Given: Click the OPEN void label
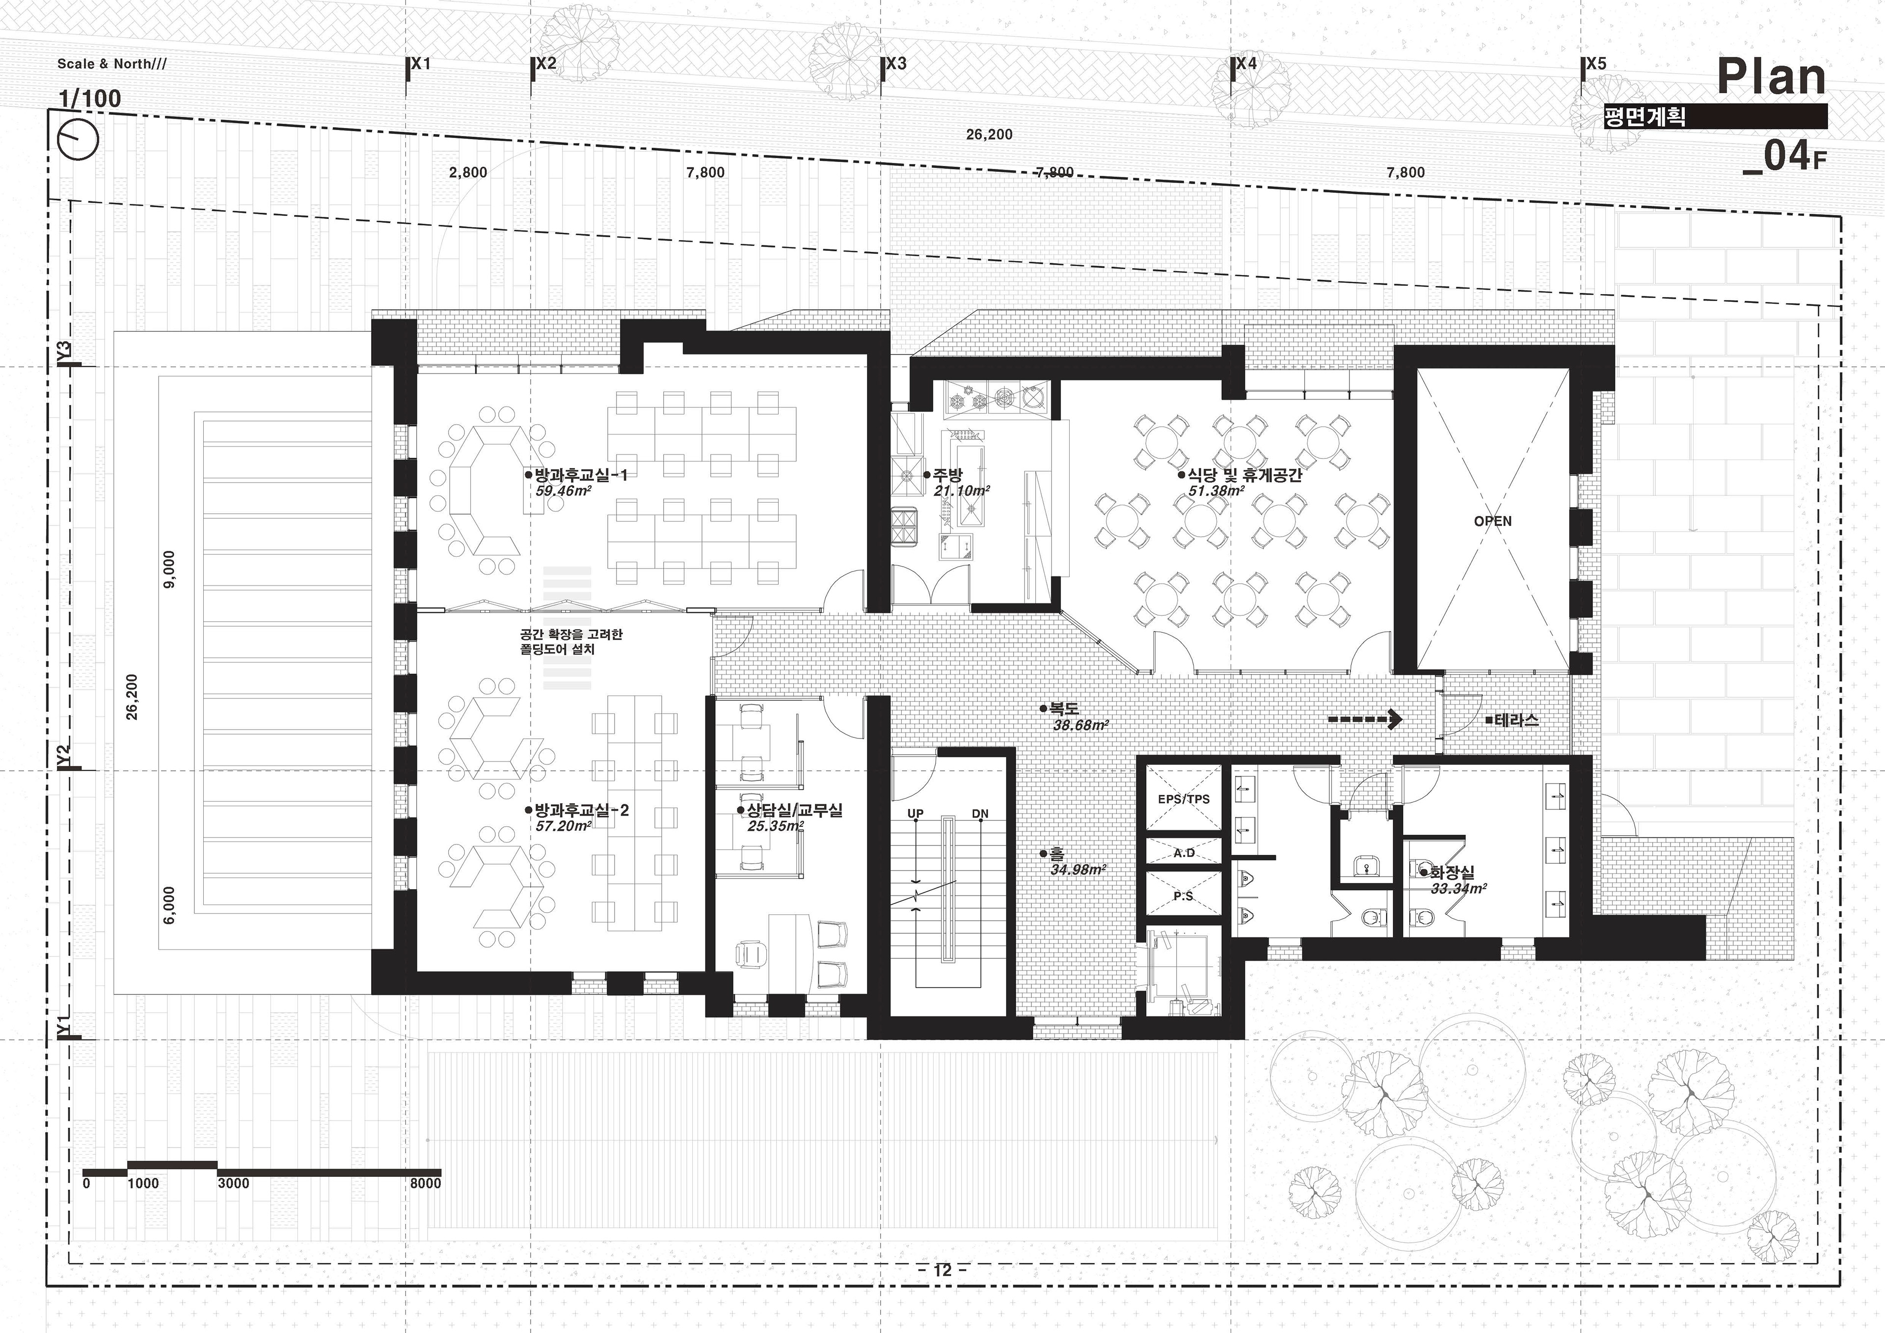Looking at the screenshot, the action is point(1493,521).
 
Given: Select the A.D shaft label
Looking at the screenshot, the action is point(1184,853).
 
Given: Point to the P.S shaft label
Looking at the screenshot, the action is point(1183,896).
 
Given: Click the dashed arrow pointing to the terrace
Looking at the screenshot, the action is point(1365,719).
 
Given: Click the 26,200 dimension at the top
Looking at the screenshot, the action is point(989,135).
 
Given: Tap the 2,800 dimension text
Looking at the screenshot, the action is point(468,172).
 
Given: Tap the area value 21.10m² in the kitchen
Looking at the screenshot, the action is point(961,491).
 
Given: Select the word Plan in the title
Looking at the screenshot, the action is point(1772,77).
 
